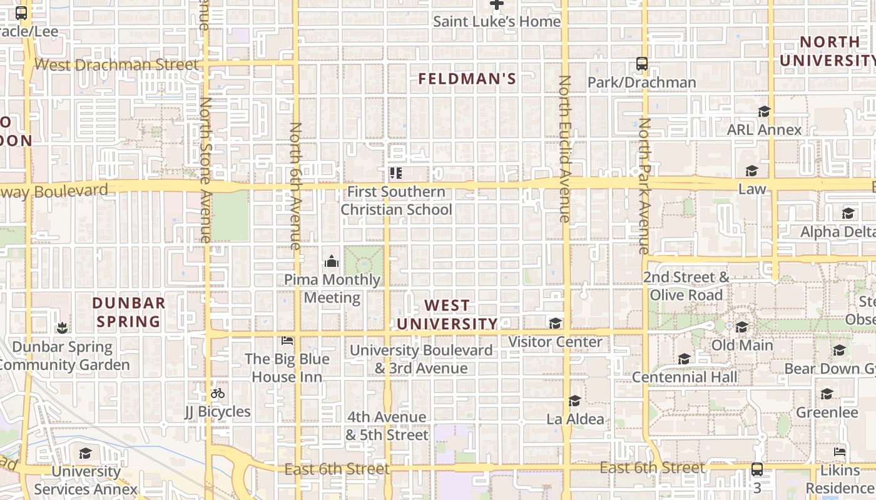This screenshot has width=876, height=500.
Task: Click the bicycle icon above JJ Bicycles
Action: coord(218,393)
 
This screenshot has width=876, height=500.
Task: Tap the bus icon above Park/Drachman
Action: coord(641,63)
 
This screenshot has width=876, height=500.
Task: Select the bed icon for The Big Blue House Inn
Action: coord(287,341)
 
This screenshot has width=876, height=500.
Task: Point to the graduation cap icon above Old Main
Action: coord(741,327)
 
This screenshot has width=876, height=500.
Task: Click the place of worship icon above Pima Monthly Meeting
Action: coord(332,261)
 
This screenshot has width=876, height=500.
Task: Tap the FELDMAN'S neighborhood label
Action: coord(467,79)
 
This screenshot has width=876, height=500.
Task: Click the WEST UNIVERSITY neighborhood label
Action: coord(447,314)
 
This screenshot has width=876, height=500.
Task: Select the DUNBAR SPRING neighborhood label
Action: coord(128,312)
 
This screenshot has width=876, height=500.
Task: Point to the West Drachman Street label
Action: coord(116,64)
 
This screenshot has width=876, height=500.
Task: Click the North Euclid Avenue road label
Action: coord(564,149)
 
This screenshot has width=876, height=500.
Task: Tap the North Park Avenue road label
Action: coord(644,186)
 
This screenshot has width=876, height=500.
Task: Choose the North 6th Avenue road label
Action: coord(295,186)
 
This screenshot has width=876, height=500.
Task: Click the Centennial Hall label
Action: coord(685,377)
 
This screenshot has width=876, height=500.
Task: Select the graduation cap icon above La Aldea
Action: coord(574,401)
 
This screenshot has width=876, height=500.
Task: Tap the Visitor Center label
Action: coord(555,342)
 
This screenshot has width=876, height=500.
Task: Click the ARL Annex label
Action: coord(764,130)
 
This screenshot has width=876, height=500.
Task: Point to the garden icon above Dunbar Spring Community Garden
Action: coord(62,327)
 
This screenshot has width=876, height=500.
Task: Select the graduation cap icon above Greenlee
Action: coord(827,394)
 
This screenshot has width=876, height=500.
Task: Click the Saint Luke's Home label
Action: coord(497,22)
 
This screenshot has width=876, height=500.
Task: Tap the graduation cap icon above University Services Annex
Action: coord(85,452)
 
